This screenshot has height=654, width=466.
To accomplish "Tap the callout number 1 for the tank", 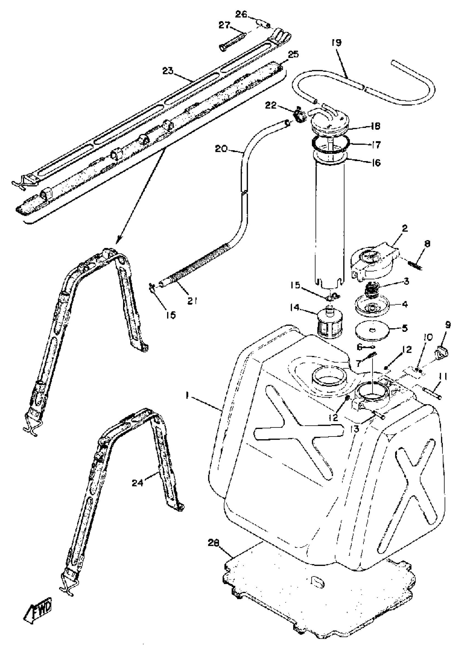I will [187, 396].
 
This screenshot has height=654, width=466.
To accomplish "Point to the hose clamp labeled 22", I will [299, 115].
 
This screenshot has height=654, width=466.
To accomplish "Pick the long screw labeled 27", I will [232, 41].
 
